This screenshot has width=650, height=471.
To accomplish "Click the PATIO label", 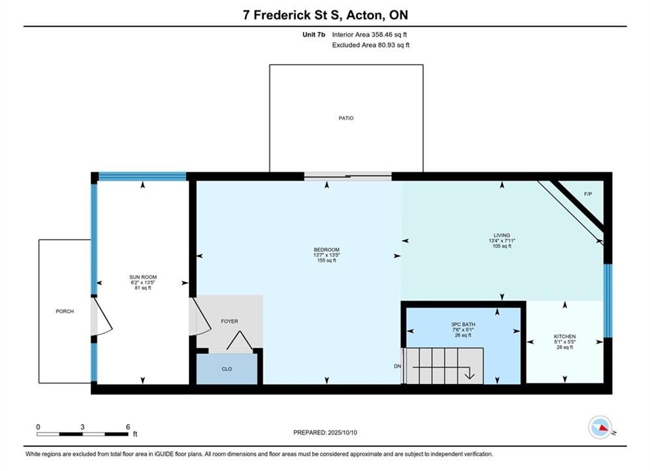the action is click(346, 118).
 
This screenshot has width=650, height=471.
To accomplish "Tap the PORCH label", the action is click(65, 311).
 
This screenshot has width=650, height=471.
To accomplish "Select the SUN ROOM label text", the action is click(143, 277).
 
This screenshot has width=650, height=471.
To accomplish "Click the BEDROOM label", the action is click(327, 250).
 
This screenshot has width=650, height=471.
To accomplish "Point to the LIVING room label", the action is click(502, 235).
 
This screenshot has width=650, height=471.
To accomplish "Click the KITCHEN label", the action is click(564, 336).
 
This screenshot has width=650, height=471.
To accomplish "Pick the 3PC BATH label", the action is click(463, 324).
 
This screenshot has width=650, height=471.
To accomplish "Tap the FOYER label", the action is click(229, 321).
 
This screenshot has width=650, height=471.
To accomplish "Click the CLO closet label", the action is click(227, 369).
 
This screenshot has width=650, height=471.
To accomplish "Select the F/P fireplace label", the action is click(588, 194).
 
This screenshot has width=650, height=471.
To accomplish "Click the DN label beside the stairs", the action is click(397, 366).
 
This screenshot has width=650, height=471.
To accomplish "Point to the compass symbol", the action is click(600, 427).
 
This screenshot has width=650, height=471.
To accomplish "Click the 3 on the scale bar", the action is click(82, 427).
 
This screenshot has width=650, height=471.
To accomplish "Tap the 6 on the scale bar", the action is click(127, 427).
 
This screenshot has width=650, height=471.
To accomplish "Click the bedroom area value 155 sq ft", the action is click(327, 260).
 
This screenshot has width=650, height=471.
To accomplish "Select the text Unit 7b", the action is click(314, 35).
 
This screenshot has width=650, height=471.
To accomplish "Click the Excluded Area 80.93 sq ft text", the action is click(370, 45).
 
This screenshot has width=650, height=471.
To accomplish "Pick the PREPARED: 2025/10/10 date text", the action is click(325, 432).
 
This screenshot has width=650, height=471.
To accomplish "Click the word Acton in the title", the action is click(364, 15).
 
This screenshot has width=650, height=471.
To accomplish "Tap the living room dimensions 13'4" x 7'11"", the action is click(502, 241).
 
